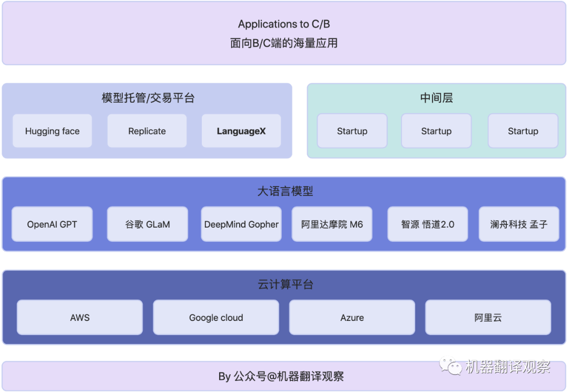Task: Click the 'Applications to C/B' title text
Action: pyautogui.click(x=283, y=24)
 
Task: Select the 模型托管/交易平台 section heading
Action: pyautogui.click(x=148, y=98)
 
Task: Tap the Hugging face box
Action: pyautogui.click(x=52, y=131)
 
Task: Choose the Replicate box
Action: pyautogui.click(x=147, y=131)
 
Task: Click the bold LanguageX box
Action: pyautogui.click(x=241, y=131)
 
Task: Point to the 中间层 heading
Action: pyautogui.click(x=436, y=98)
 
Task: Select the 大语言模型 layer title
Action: pyautogui.click(x=284, y=191)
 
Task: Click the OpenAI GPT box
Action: pyautogui.click(x=52, y=224)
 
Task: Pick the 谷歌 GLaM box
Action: pyautogui.click(x=147, y=224)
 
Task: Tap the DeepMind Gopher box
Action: pyautogui.click(x=241, y=224)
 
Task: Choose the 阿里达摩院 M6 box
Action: pyautogui.click(x=332, y=224)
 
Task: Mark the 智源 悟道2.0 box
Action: pyautogui.click(x=427, y=224)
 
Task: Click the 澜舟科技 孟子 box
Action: pyautogui.click(x=519, y=224)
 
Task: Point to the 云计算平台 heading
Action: pyautogui.click(x=284, y=285)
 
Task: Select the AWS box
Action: pyautogui.click(x=80, y=318)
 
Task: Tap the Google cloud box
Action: pyautogui.click(x=216, y=318)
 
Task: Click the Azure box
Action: pyautogui.click(x=352, y=318)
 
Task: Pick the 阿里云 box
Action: pyautogui.click(x=488, y=318)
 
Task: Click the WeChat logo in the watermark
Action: pyautogui.click(x=451, y=365)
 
